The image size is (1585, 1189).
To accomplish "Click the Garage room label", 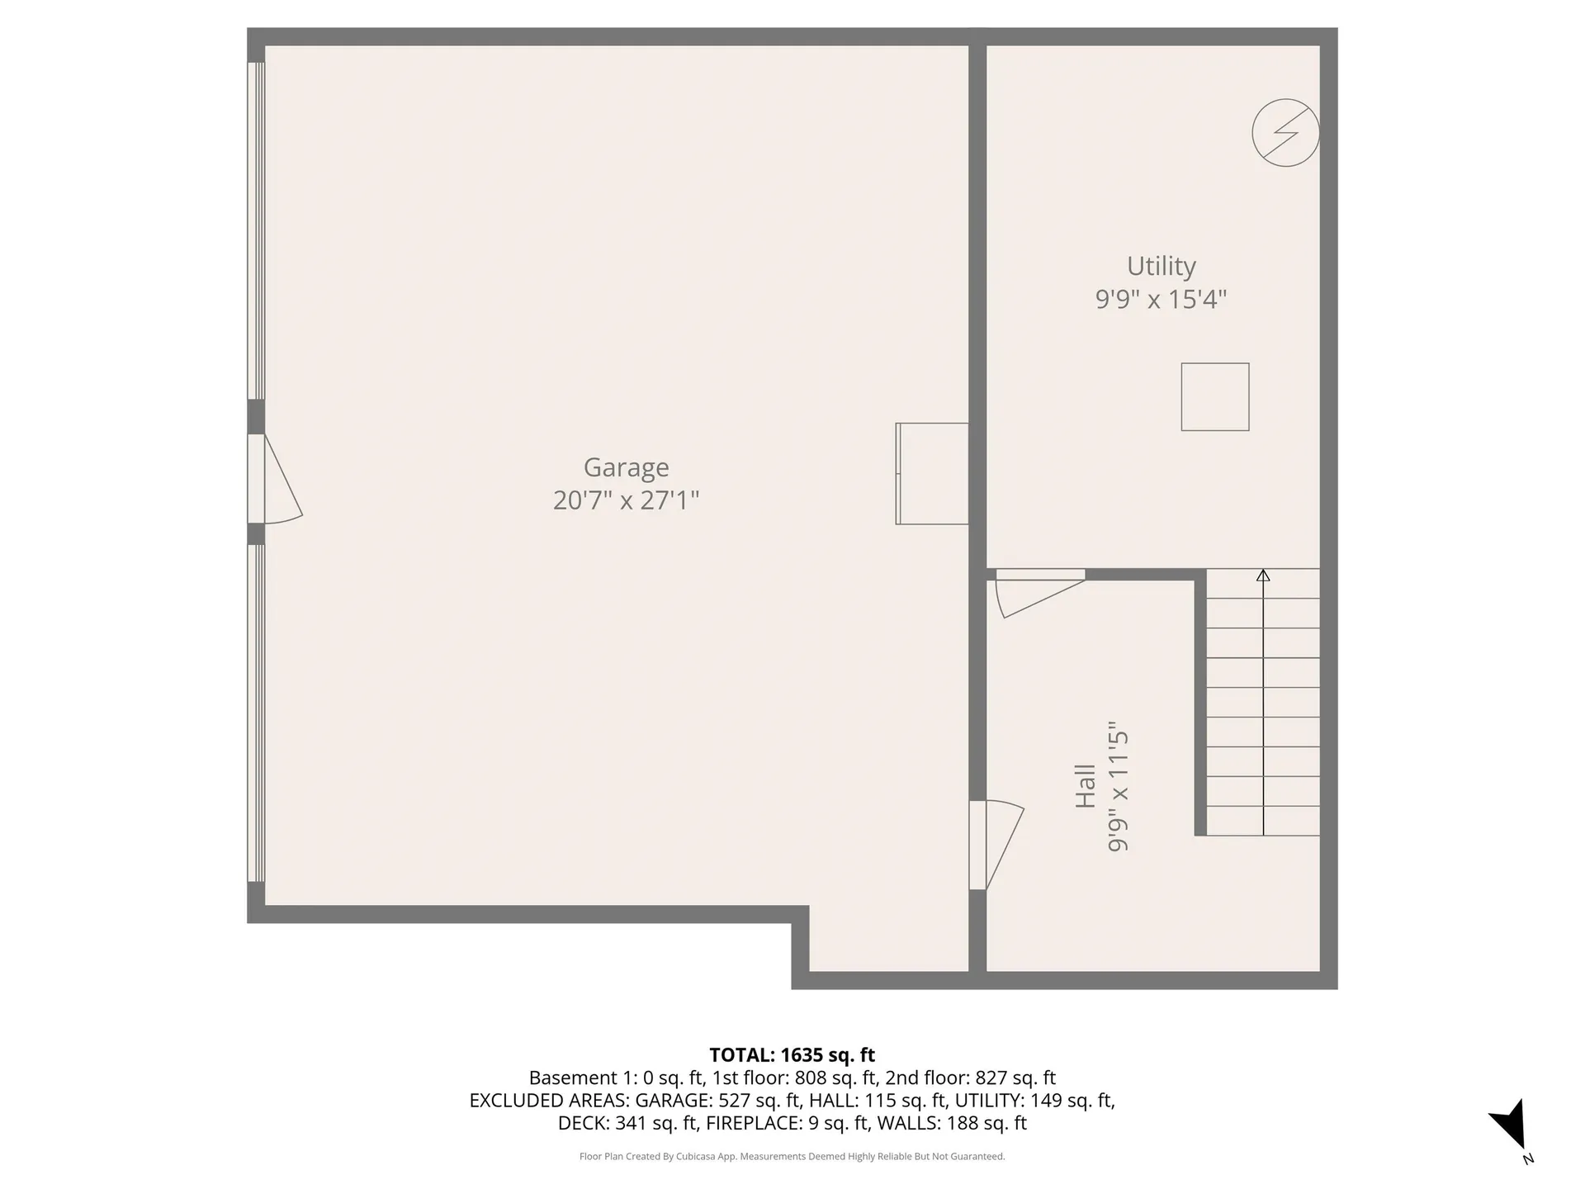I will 626,467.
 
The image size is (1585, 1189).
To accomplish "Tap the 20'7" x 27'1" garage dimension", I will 626,500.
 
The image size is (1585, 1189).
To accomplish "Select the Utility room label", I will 1161,266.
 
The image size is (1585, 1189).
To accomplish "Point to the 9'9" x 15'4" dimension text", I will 1161,299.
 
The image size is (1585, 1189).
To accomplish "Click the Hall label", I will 1085,786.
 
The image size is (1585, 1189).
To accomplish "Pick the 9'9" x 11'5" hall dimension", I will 1118,791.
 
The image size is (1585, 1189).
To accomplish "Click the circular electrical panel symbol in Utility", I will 1285,133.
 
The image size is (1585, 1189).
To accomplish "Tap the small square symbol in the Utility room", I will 1214,397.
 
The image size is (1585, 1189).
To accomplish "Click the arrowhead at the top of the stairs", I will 1263,576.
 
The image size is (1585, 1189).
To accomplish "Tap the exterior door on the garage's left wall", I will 276,479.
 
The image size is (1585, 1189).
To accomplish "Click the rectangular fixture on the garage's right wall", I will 932,474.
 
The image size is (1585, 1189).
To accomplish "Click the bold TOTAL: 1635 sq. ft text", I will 792,1055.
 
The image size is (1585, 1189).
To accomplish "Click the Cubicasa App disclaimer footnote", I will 792,1157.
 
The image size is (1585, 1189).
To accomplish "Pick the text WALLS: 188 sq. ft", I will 951,1124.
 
